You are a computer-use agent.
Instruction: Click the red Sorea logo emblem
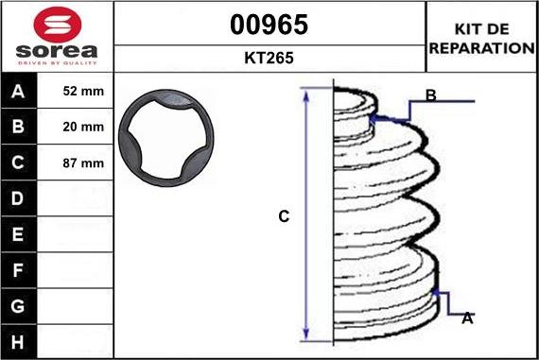click(x=57, y=24)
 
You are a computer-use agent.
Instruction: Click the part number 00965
click(x=269, y=25)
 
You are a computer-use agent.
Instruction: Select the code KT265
click(x=269, y=58)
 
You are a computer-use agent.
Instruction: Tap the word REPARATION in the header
click(x=481, y=48)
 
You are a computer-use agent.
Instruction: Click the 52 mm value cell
click(x=75, y=91)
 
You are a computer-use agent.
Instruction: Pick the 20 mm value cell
click(x=75, y=127)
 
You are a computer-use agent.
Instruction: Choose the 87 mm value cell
click(x=75, y=163)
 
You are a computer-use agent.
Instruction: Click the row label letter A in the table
click(x=18, y=92)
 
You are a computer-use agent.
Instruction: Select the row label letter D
click(x=18, y=198)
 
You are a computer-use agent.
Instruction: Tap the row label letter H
click(x=18, y=342)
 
